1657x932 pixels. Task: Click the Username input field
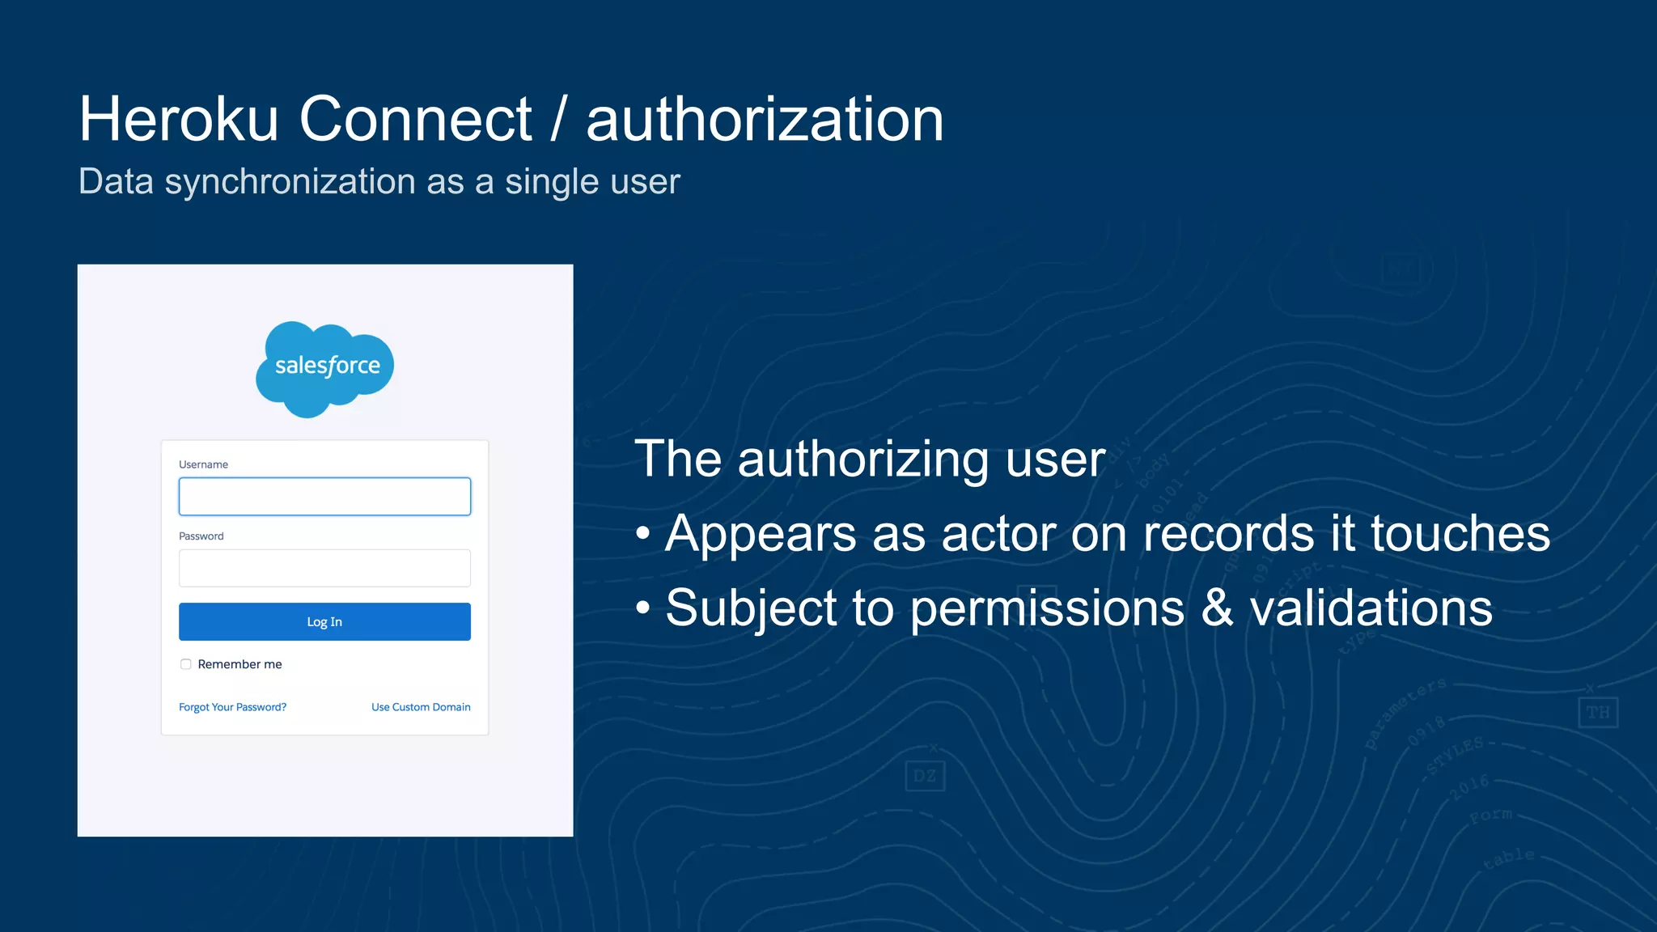(324, 497)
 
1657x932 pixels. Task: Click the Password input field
(324, 568)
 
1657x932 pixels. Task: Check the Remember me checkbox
(186, 664)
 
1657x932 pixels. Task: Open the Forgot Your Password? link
(232, 707)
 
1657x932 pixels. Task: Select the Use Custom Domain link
(421, 707)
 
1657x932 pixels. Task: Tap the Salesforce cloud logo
(325, 368)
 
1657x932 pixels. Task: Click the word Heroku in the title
(179, 120)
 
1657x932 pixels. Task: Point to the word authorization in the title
(765, 120)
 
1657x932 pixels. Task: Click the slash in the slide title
(558, 120)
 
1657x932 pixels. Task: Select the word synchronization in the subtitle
(290, 182)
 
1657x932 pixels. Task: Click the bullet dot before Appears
(643, 534)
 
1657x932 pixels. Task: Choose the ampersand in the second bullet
(1218, 608)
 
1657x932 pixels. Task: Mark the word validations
(1371, 608)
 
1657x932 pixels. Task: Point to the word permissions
(1047, 608)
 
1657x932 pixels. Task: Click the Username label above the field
(203, 464)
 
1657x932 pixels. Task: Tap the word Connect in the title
(415, 120)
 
